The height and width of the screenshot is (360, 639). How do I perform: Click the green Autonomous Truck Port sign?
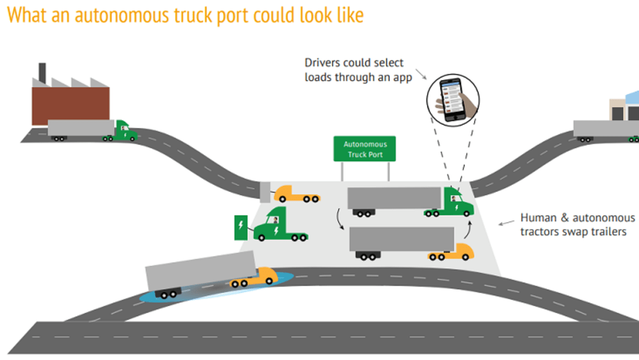pos(364,149)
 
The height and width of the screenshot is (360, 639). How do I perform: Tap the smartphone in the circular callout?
pos(449,97)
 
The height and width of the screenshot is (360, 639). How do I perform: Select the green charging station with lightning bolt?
pos(241,227)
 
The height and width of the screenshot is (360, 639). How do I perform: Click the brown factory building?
pos(70,104)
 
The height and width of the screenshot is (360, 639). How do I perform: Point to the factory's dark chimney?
pos(42,72)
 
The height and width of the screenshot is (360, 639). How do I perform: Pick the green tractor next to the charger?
pos(279,225)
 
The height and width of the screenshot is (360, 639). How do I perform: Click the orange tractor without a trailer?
pos(297,194)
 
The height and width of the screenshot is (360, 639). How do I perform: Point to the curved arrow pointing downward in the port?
pos(340,216)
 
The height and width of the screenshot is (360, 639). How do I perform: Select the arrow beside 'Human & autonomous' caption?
pos(506,223)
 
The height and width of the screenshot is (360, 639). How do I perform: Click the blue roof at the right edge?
pos(632,98)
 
